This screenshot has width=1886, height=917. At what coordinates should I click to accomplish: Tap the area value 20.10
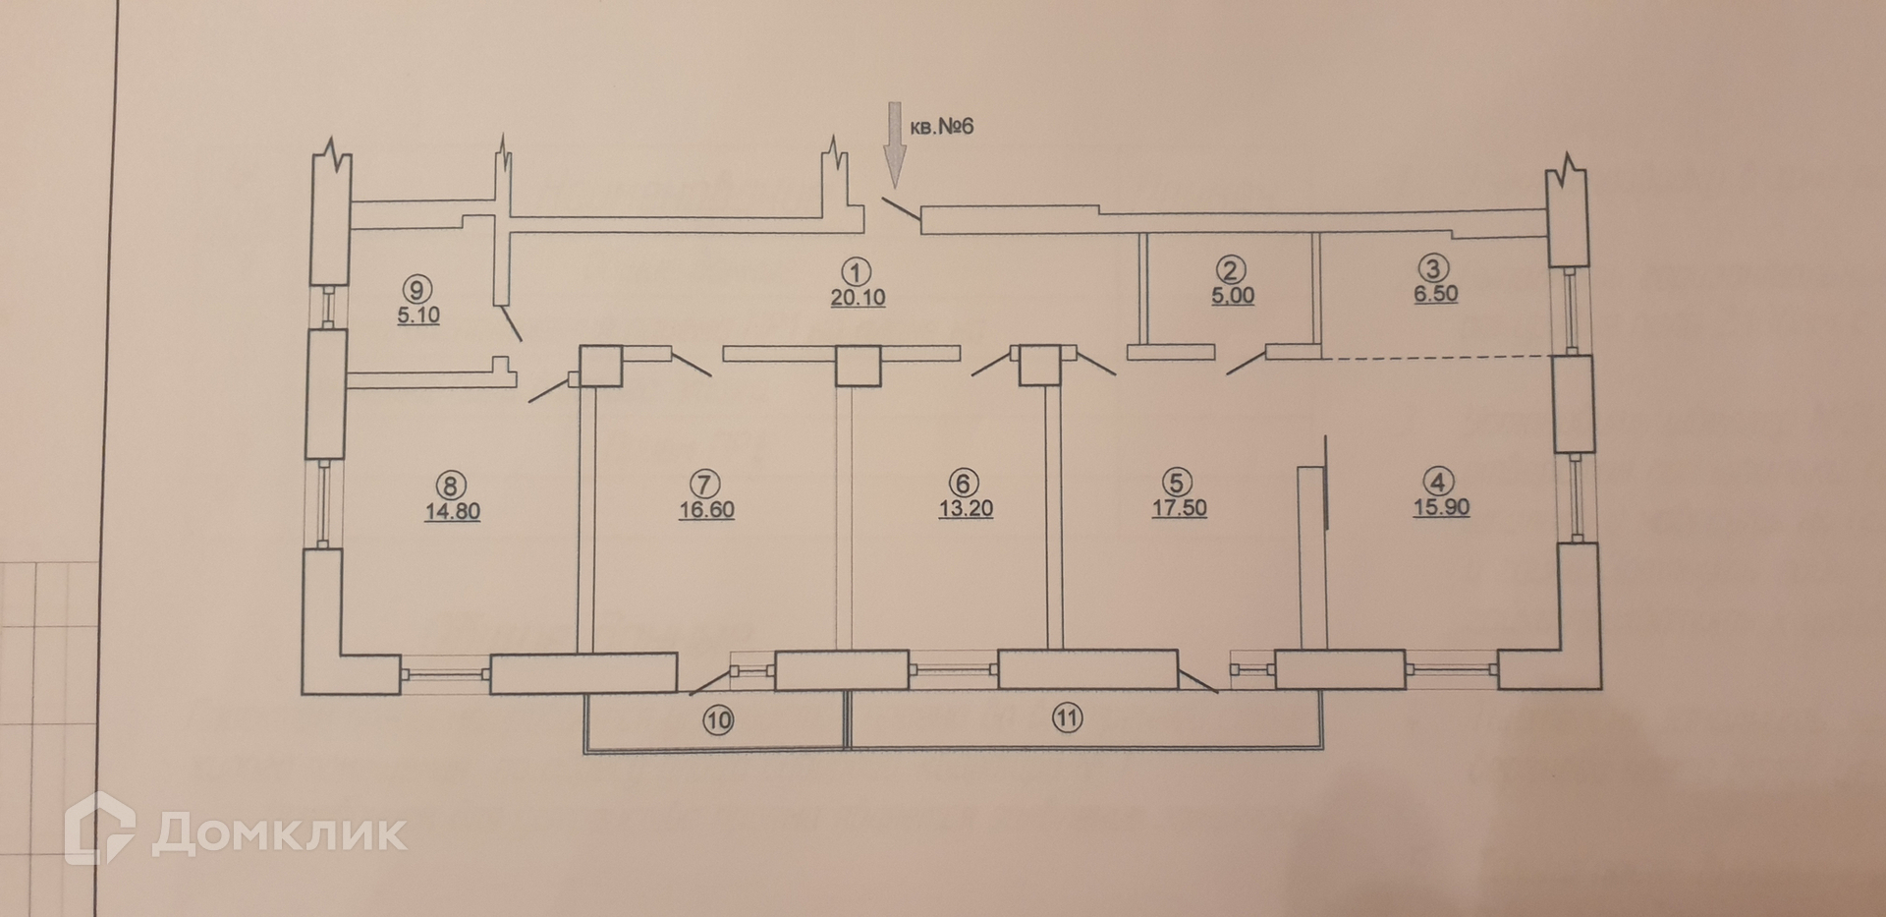[858, 298]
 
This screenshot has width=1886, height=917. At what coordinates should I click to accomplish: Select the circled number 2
[1232, 268]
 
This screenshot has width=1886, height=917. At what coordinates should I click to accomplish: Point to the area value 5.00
[1233, 296]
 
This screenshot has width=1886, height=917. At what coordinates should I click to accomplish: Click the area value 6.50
[1435, 294]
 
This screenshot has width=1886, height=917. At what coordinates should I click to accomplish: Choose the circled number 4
[1439, 482]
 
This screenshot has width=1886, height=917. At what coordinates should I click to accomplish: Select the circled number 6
[964, 482]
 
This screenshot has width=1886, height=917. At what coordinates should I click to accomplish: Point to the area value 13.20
[966, 509]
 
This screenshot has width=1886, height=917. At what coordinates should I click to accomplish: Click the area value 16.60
[706, 510]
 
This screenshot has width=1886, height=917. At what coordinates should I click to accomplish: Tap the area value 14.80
[452, 511]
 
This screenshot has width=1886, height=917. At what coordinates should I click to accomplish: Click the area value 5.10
[418, 315]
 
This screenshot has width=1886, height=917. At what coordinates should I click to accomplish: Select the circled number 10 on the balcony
[719, 720]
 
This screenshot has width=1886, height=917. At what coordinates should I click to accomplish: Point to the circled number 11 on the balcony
[1067, 718]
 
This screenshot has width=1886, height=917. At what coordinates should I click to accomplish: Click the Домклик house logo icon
[100, 832]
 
